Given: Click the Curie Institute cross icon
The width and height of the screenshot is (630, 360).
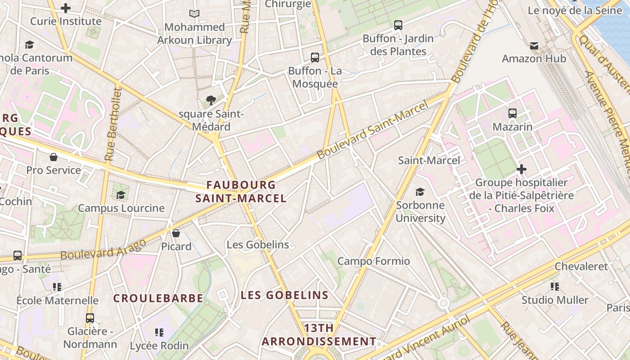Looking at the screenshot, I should click(x=66, y=8).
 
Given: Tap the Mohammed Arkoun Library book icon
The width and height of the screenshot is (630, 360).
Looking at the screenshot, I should click(x=194, y=14).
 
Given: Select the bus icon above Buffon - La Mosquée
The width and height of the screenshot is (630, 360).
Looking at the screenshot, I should click(x=315, y=58).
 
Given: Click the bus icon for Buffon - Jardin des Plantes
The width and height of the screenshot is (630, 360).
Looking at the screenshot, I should click(x=398, y=25).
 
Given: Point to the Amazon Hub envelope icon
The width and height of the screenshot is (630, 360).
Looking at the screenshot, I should click(x=534, y=45).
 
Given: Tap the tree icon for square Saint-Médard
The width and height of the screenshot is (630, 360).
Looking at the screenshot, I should click(x=211, y=100).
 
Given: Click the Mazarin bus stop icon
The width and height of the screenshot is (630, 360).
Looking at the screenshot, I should click(x=513, y=113).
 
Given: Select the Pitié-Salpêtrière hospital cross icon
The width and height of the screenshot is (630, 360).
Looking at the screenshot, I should click(x=522, y=169).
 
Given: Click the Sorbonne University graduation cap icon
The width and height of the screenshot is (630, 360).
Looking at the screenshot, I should click(x=420, y=192).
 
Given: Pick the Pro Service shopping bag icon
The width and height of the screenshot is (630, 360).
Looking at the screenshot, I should click(x=54, y=157).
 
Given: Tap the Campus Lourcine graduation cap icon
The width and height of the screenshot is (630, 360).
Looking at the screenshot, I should click(x=121, y=195).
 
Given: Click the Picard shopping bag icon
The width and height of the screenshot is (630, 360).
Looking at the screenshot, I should click(x=176, y=233).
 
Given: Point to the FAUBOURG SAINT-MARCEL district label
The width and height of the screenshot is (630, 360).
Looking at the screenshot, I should click(x=241, y=191).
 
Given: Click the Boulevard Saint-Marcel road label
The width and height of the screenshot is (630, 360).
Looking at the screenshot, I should click(x=372, y=130).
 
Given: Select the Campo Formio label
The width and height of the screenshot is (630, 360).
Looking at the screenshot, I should click(x=373, y=261).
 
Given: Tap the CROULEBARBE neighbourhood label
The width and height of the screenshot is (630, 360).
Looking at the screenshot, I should click(x=158, y=298).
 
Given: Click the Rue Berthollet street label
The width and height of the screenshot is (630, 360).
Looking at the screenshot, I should click(x=113, y=125).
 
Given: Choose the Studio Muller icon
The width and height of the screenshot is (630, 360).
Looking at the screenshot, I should click(x=555, y=287).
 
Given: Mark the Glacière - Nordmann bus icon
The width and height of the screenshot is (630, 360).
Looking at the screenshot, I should click(x=90, y=318).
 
